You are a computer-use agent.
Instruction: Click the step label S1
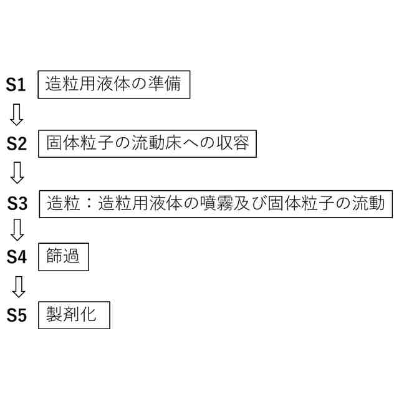pyautogui.click(x=16, y=85)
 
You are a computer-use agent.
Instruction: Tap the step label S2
pyautogui.click(x=17, y=144)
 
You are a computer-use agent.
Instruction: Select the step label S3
pyautogui.click(x=17, y=203)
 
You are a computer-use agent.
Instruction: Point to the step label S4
pyautogui.click(x=17, y=256)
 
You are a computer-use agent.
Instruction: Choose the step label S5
pyautogui.click(x=17, y=315)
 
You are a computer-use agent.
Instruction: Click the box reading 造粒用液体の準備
pyautogui.click(x=114, y=84)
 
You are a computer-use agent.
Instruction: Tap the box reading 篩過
pyautogui.click(x=64, y=256)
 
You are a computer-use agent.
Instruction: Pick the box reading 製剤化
pyautogui.click(x=74, y=314)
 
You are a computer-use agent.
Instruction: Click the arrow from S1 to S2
pyautogui.click(x=17, y=114)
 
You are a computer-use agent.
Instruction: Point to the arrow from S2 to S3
pyautogui.click(x=17, y=173)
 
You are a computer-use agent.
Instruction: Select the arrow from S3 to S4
pyautogui.click(x=17, y=230)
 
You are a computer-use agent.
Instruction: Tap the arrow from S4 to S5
pyautogui.click(x=17, y=286)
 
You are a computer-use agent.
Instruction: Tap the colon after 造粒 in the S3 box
pyautogui.click(x=89, y=203)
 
